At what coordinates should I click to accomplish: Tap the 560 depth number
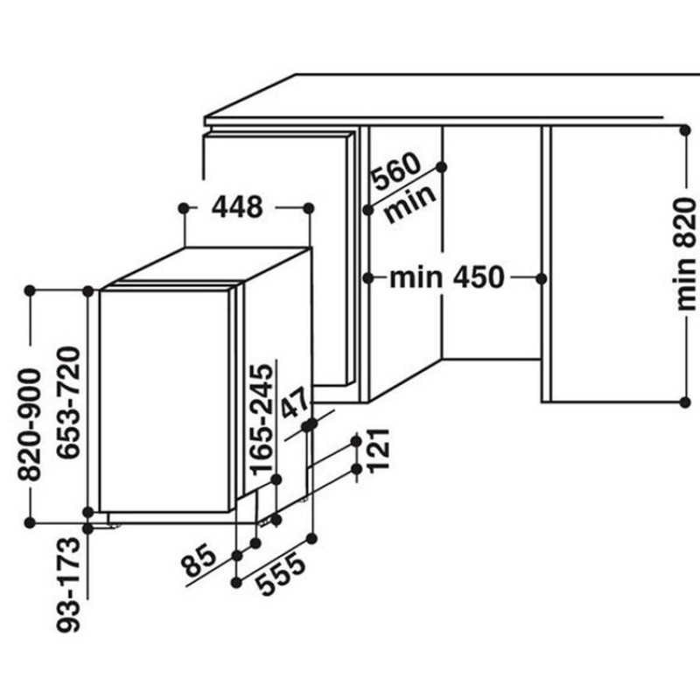coord(396,173)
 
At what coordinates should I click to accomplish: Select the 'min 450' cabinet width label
coord(447,278)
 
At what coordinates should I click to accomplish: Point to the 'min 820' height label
coord(687,254)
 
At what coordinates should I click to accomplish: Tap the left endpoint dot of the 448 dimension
coord(183,208)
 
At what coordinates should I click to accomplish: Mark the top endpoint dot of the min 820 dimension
coord(683,129)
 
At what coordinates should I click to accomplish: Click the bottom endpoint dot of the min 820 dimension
coord(683,402)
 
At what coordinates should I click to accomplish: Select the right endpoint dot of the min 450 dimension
coord(541,277)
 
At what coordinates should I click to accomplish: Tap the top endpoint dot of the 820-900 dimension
coord(30,290)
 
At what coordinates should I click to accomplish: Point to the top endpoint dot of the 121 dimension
coord(357,440)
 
